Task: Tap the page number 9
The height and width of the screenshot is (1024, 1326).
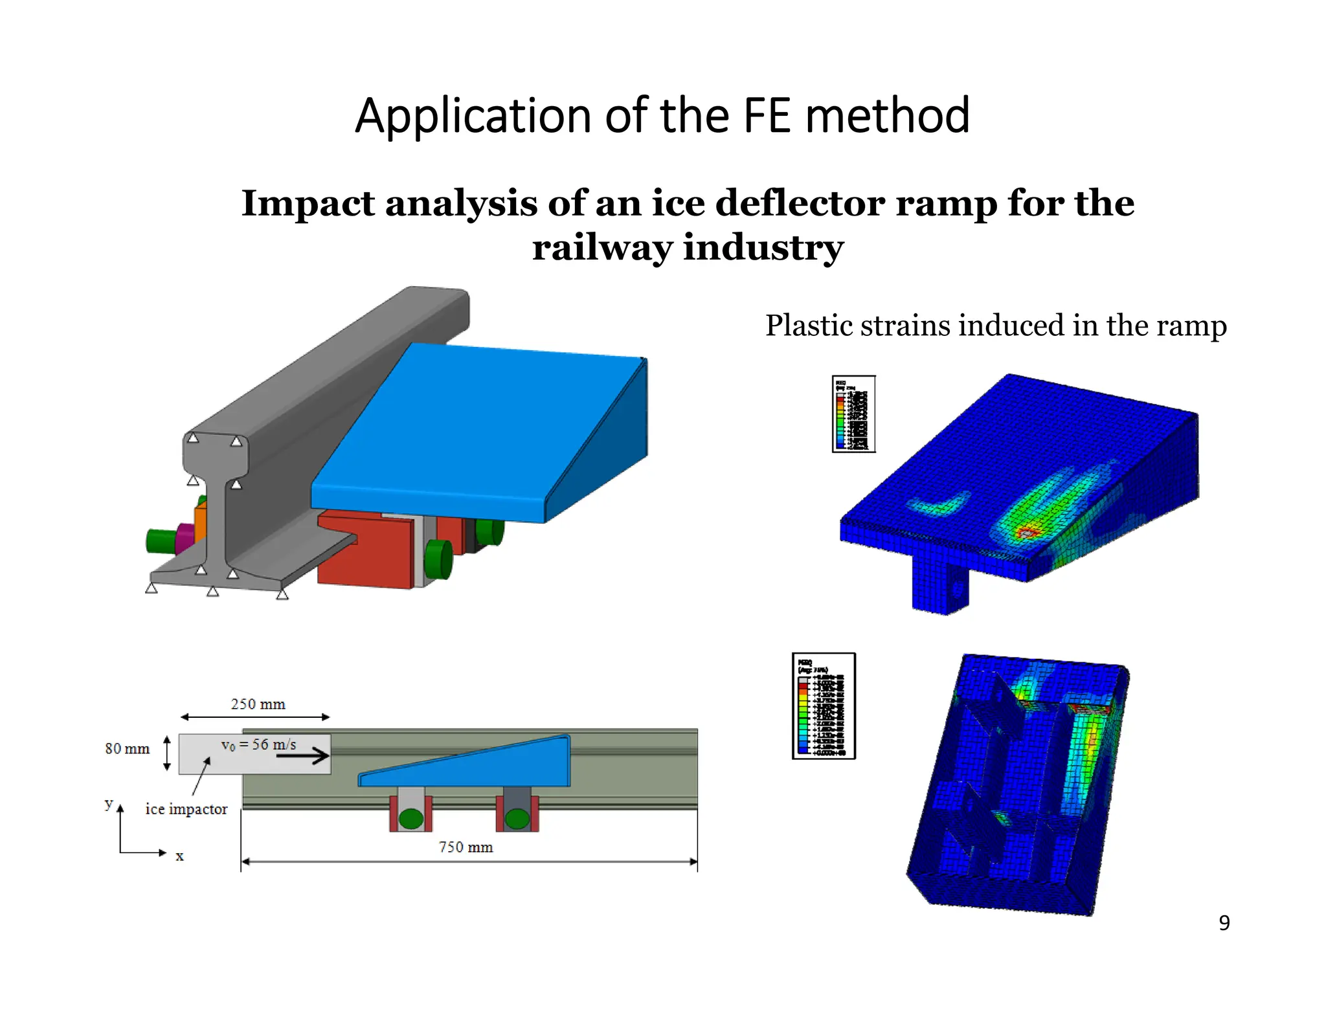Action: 1224,922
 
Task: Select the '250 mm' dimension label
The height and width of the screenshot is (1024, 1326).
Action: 258,704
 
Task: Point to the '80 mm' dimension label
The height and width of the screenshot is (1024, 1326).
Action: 127,749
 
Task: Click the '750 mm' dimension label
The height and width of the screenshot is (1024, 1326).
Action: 466,847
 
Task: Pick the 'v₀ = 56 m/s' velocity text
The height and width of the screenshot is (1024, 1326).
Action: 258,744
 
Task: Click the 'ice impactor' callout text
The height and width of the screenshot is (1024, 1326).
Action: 186,809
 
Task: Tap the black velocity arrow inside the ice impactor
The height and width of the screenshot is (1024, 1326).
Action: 303,755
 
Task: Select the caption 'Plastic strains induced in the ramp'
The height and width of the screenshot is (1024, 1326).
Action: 996,326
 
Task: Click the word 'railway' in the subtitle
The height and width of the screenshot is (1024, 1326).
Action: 601,248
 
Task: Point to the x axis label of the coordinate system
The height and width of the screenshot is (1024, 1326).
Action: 179,856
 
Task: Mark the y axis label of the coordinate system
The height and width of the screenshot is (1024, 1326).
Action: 108,803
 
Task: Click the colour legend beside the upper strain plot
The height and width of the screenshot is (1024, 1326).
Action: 853,414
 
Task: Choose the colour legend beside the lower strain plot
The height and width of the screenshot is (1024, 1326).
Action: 824,706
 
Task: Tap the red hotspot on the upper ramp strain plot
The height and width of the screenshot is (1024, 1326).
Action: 1027,533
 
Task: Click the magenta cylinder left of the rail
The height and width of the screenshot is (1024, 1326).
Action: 185,539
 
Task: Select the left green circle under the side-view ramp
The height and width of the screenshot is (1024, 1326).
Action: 410,819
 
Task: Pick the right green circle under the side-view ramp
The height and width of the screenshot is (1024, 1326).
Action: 517,819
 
